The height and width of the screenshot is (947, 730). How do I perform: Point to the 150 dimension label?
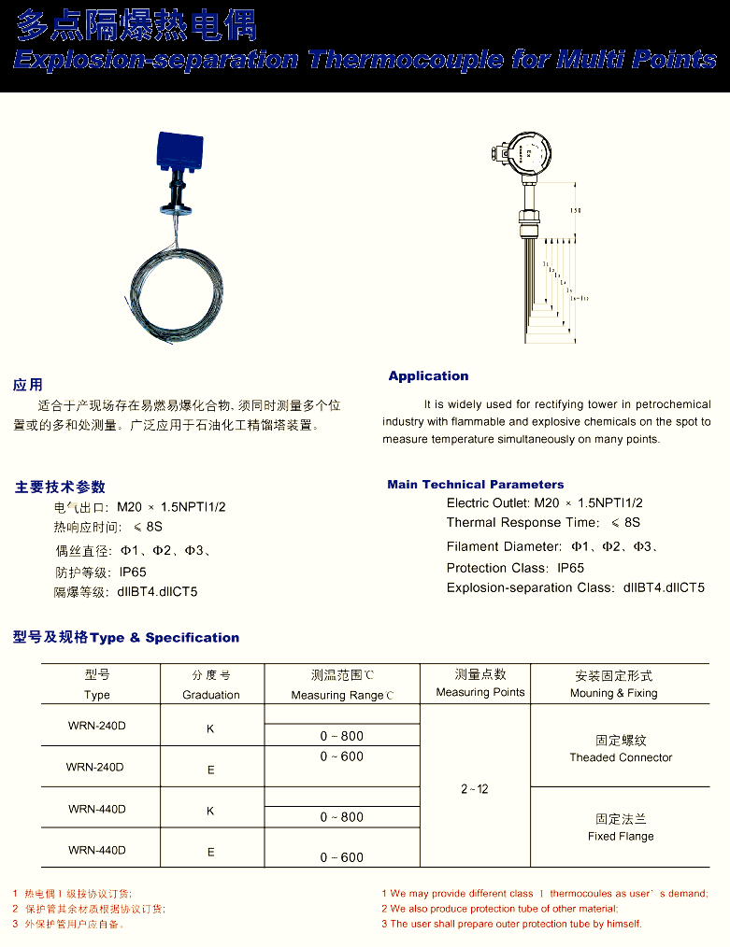[x=576, y=211]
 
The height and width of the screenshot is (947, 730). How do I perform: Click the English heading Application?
[x=428, y=376]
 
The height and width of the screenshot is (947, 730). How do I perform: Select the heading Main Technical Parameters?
[x=476, y=485]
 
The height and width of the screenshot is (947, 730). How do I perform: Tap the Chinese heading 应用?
[x=28, y=385]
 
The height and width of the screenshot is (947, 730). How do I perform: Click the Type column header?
[x=97, y=695]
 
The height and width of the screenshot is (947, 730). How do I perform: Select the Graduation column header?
[x=211, y=695]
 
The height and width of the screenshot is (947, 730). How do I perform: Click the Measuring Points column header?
[x=480, y=692]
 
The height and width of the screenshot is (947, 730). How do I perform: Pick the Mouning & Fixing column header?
[x=614, y=693]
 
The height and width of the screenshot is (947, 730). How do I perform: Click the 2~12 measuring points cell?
[x=475, y=789]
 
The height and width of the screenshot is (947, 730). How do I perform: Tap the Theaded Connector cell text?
[x=621, y=757]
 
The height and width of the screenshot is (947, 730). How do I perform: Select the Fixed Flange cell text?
[x=621, y=836]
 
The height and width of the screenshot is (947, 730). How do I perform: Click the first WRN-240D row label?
[x=95, y=726]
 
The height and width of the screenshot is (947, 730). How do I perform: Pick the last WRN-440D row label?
[x=96, y=850]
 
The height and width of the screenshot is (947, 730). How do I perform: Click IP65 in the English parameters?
[x=570, y=568]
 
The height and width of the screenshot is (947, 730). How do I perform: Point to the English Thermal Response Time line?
[x=543, y=523]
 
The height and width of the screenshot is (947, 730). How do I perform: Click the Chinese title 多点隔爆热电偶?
[x=136, y=25]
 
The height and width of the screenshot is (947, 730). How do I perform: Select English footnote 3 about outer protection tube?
[x=511, y=924]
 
